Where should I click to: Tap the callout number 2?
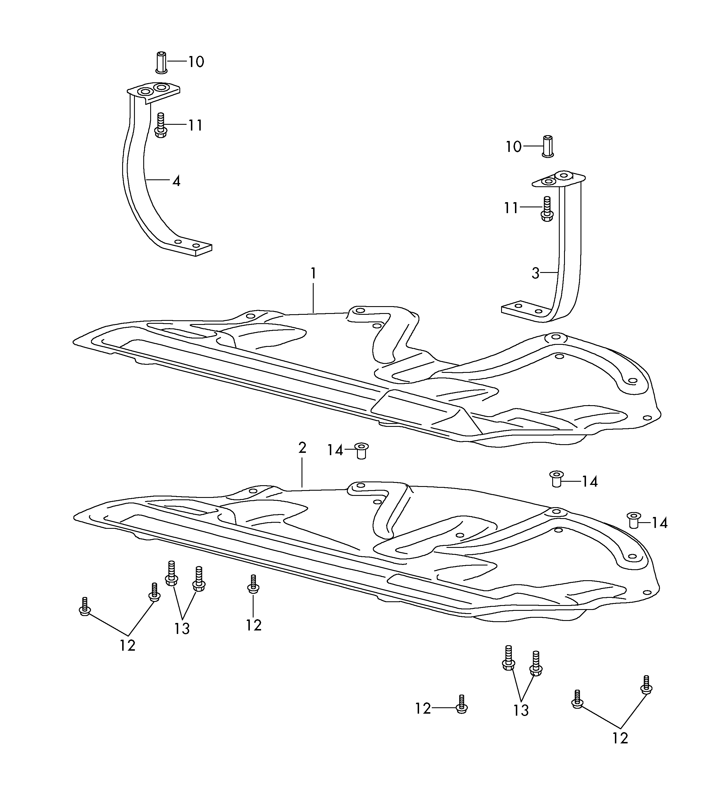(302, 448)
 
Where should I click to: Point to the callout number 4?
(176, 181)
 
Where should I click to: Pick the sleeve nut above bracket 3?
(548, 147)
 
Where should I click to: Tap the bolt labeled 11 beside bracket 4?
(161, 125)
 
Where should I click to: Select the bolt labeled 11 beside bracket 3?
(547, 209)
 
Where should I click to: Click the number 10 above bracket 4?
(196, 62)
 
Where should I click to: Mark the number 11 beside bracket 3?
(511, 208)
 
